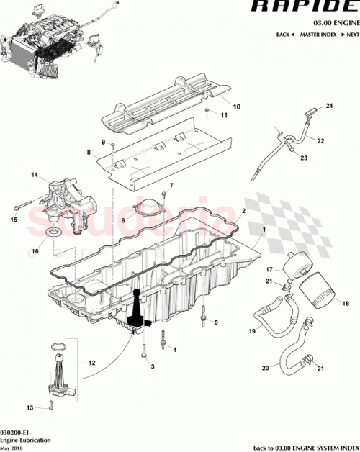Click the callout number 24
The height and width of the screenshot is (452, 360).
click(330, 107)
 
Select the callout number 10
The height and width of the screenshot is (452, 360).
click(238, 107)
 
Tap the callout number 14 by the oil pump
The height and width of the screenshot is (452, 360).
click(33, 175)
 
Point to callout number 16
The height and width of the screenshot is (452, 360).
click(33, 253)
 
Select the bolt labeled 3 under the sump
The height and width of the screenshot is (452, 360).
click(144, 352)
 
